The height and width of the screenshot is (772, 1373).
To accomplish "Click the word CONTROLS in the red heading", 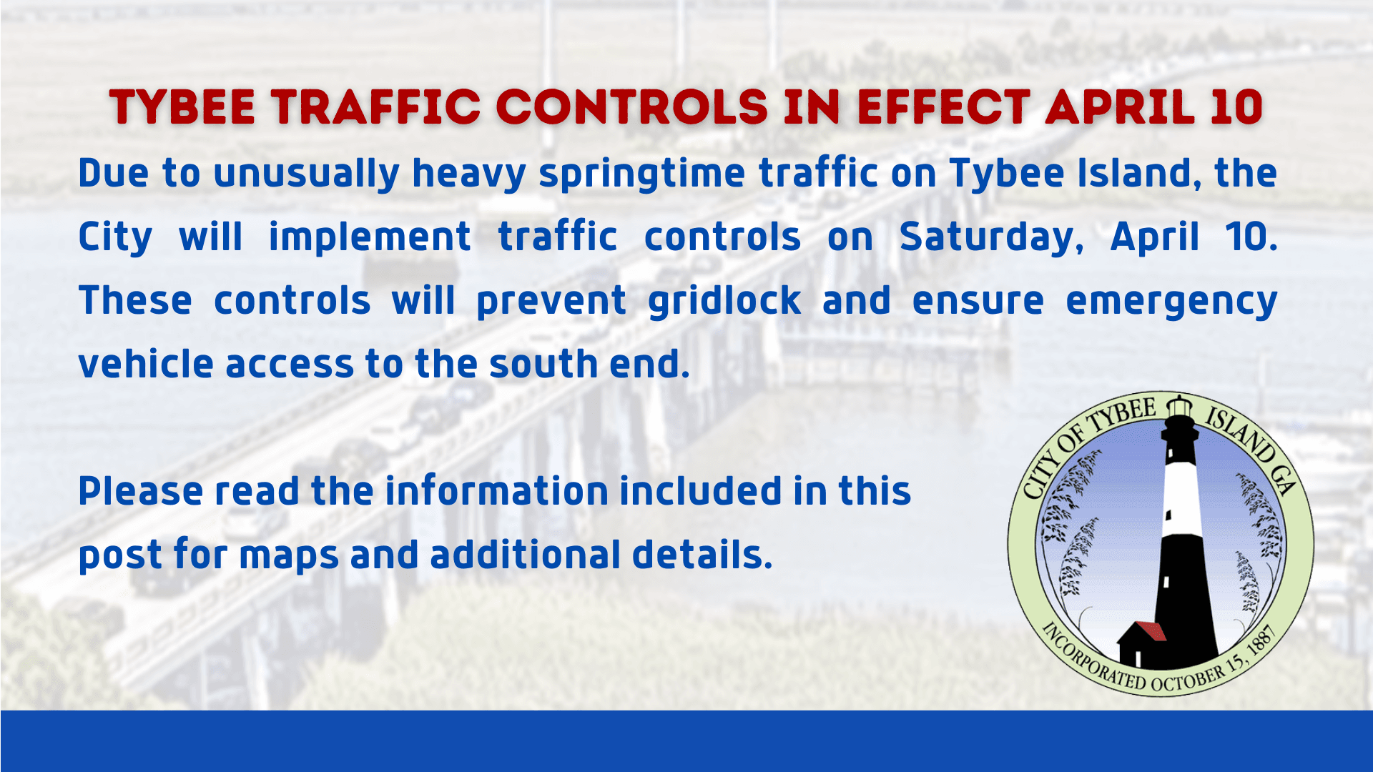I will (x=631, y=107).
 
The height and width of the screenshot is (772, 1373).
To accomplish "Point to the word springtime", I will (x=641, y=174).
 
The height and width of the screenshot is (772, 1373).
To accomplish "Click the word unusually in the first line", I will (x=306, y=174).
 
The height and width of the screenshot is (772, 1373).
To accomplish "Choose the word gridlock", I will (x=724, y=301).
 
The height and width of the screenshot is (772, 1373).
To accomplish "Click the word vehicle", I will (x=146, y=365).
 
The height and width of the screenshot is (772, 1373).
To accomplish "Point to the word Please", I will (x=140, y=492).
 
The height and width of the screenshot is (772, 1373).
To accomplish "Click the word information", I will (x=496, y=492).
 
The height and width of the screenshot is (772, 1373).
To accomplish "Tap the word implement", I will (x=370, y=238).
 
